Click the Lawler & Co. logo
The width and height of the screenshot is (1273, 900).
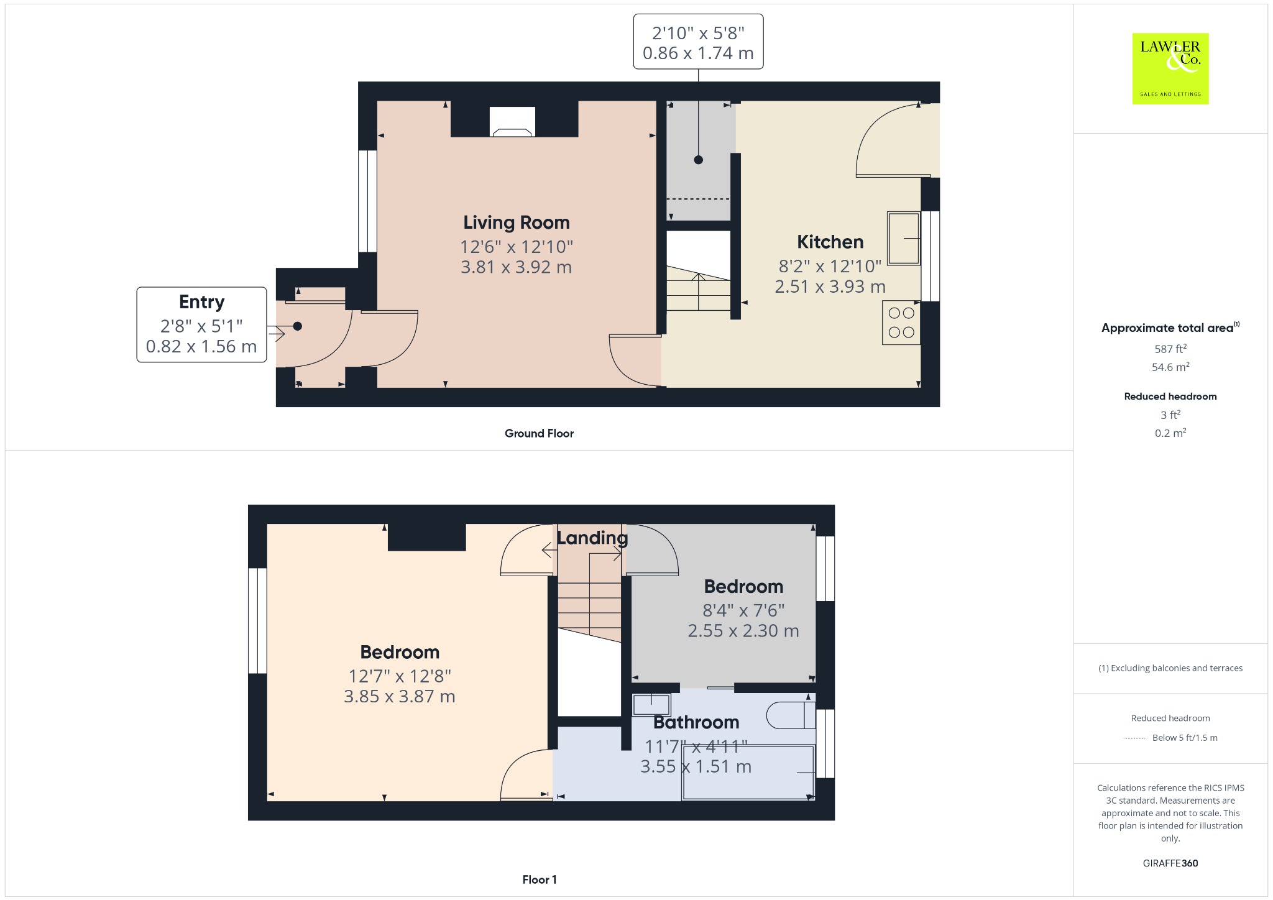[1170, 68]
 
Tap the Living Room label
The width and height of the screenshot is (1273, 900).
[516, 223]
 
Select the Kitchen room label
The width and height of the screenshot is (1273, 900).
[830, 242]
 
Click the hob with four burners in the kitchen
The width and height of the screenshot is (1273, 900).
[901, 323]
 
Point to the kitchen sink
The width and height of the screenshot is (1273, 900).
[904, 239]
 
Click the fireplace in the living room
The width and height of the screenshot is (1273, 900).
[512, 122]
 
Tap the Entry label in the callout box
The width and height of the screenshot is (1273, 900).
[201, 302]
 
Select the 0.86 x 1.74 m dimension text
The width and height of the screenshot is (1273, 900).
[698, 53]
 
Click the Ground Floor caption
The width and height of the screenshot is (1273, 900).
[539, 433]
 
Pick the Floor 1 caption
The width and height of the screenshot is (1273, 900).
[540, 879]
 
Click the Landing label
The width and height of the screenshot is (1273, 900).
[592, 538]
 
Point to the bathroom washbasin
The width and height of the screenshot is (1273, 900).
[651, 705]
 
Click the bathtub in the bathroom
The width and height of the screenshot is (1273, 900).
[748, 772]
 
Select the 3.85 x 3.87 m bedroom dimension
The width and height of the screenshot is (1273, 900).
[400, 697]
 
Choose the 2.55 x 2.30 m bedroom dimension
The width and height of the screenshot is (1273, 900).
[743, 631]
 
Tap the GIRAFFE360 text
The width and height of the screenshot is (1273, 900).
[1170, 863]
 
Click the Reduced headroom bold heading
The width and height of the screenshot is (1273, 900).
[1170, 397]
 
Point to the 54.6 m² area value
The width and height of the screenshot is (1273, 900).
[1170, 367]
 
